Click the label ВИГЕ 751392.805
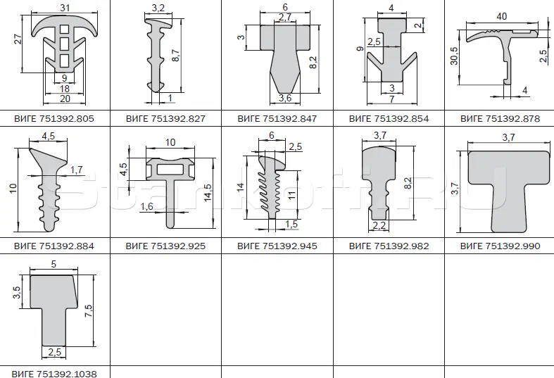[54, 118]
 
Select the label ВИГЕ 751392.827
[165, 118]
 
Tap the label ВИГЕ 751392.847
[277, 118]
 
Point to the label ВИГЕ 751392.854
[389, 118]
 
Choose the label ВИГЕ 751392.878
[500, 118]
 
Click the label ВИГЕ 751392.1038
[54, 373]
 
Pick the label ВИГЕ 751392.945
[277, 246]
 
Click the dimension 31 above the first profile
[65, 7]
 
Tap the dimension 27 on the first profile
[18, 39]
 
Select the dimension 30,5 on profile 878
[454, 56]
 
